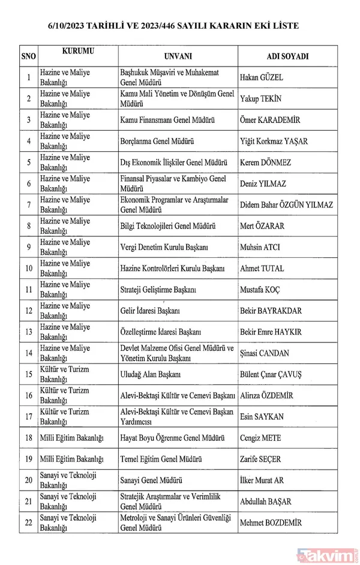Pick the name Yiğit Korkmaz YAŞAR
(x=282, y=142)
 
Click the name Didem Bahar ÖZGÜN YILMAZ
(x=286, y=205)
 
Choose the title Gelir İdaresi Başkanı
(x=151, y=311)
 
